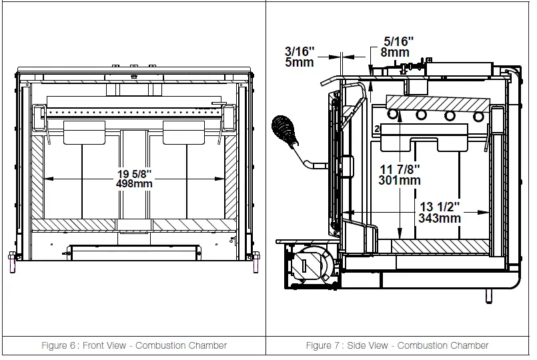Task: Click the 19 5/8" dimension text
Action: click(x=134, y=173)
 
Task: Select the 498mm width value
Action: click(x=134, y=184)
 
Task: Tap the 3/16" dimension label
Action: click(x=300, y=51)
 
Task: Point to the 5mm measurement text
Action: click(x=300, y=63)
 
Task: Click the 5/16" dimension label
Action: click(x=398, y=41)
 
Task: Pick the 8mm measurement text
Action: click(x=397, y=52)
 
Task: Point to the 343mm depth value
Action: click(x=440, y=217)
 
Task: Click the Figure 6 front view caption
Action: click(x=135, y=345)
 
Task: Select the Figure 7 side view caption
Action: click(x=398, y=345)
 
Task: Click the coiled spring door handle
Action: click(x=285, y=131)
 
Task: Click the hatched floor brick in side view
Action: click(x=440, y=246)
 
